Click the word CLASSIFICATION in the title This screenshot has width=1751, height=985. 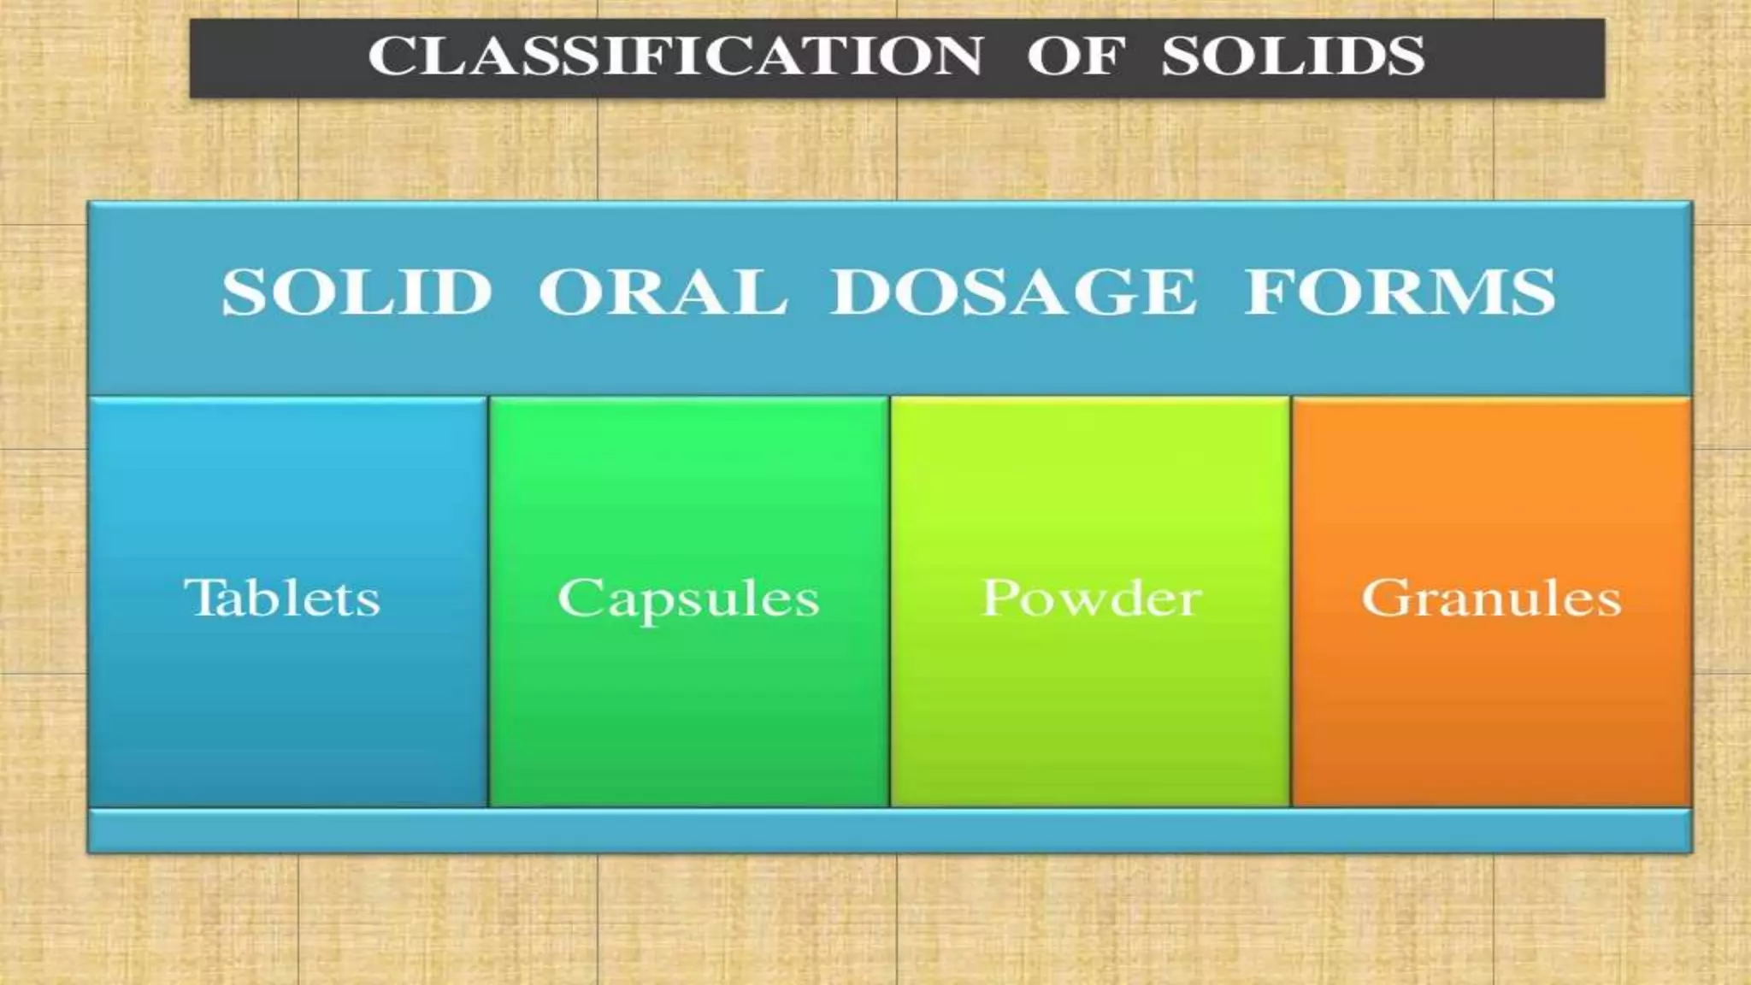coord(675,56)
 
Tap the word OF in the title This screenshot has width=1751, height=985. coord(1072,56)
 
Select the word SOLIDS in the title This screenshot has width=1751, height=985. coord(1292,56)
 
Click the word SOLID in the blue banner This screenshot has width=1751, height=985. coord(357,292)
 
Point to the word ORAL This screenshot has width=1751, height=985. coord(662,292)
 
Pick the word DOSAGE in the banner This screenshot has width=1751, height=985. coord(1012,292)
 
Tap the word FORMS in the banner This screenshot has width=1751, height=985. coord(1400,292)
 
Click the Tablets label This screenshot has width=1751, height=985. coord(282,597)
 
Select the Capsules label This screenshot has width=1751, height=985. coord(688,599)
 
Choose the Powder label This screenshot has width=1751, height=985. coord(1091,597)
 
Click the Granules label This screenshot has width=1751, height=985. coord(1491,599)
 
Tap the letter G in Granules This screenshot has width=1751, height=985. coord(1384,597)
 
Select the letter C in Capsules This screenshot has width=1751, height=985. coord(579,597)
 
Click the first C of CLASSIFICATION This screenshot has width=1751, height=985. coord(388,56)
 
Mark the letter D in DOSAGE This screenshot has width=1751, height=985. coord(860,292)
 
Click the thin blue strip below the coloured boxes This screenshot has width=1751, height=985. coord(889,830)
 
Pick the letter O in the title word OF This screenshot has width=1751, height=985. coord(1051,56)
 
